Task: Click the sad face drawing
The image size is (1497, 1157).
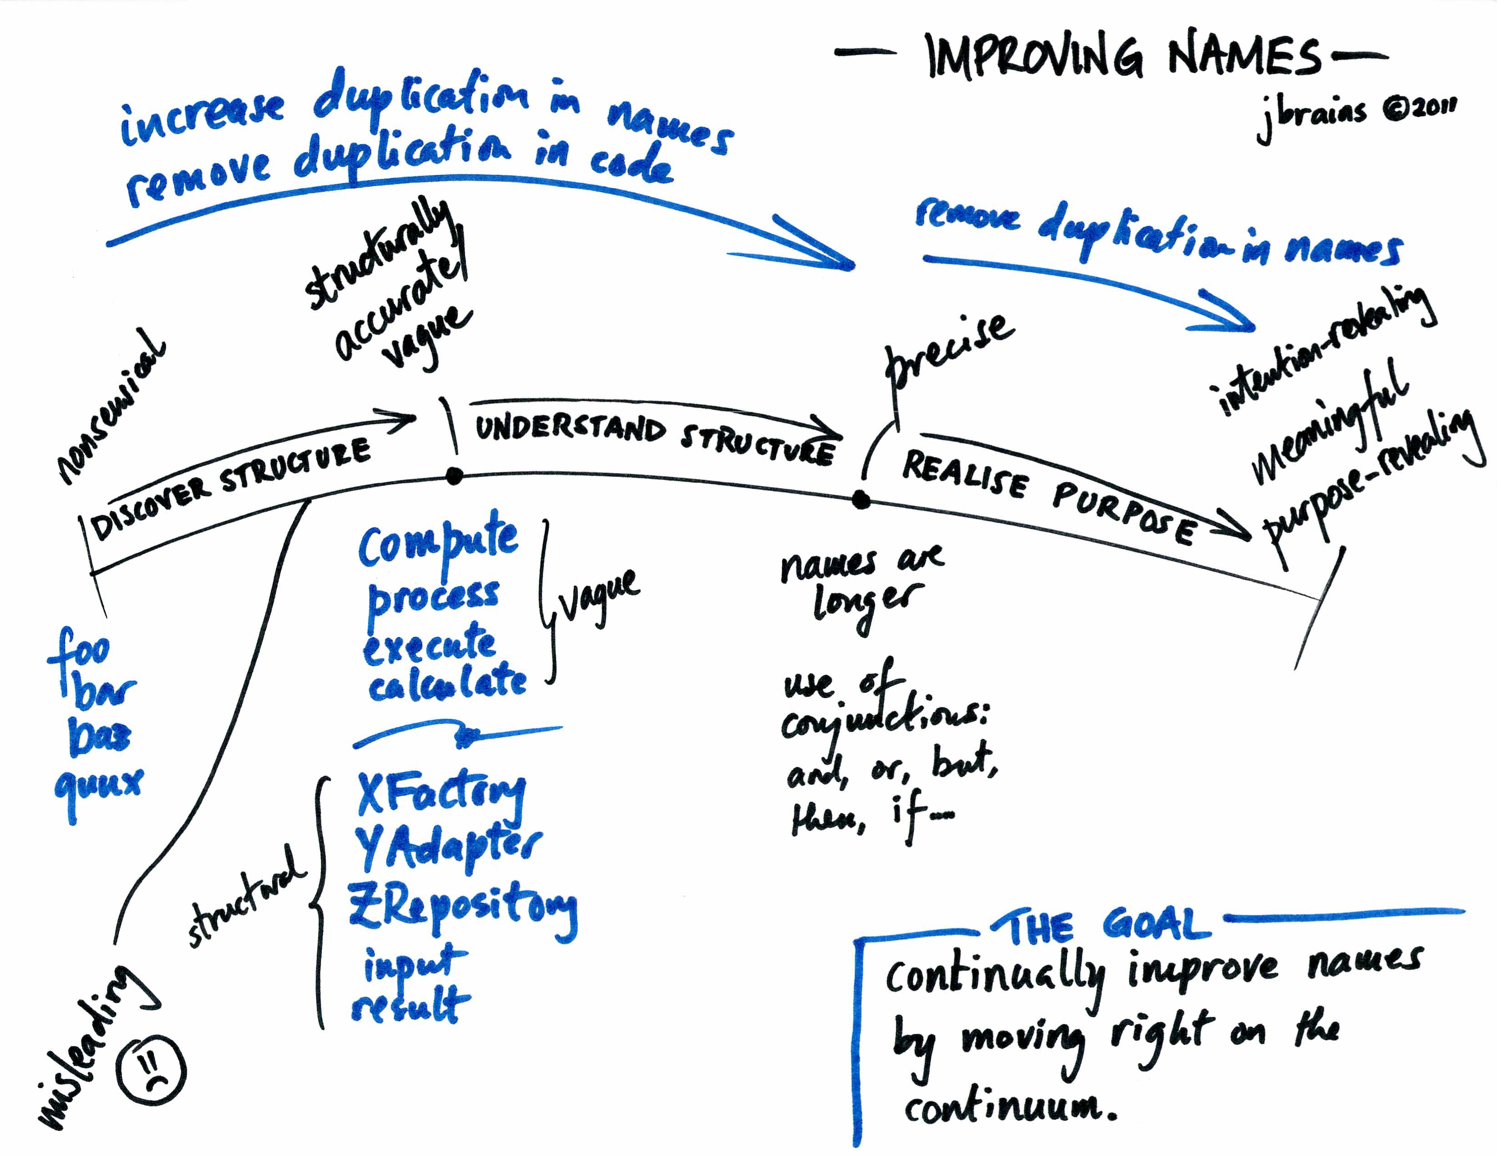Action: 151,1069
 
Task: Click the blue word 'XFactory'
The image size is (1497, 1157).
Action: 441,795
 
